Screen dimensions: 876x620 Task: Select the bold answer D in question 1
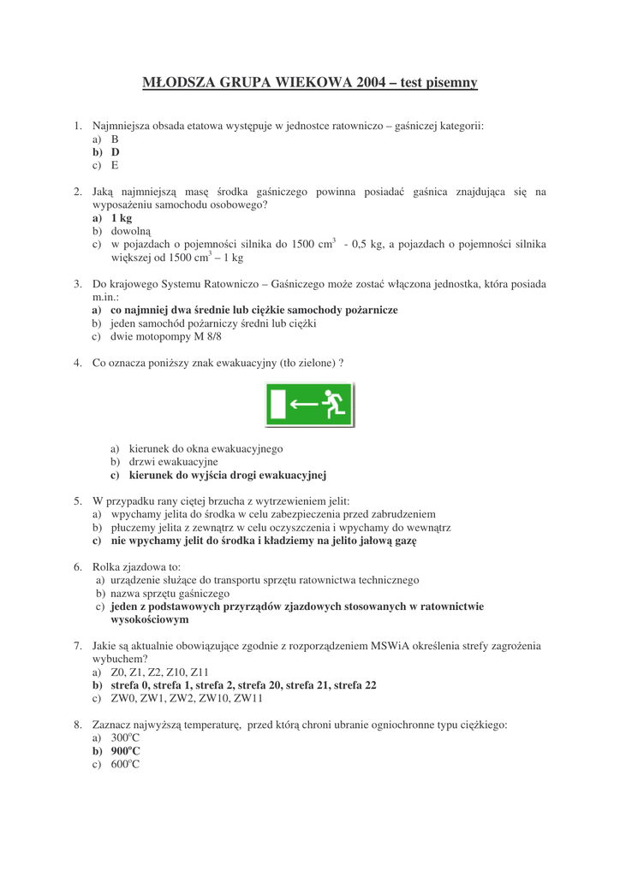115,152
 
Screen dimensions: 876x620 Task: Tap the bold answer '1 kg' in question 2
121,218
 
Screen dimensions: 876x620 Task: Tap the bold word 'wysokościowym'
149,619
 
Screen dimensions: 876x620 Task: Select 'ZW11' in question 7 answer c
248,698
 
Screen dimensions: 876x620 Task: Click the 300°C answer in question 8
125,737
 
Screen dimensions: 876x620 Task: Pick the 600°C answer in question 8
125,764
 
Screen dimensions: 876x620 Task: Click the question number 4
77,363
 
